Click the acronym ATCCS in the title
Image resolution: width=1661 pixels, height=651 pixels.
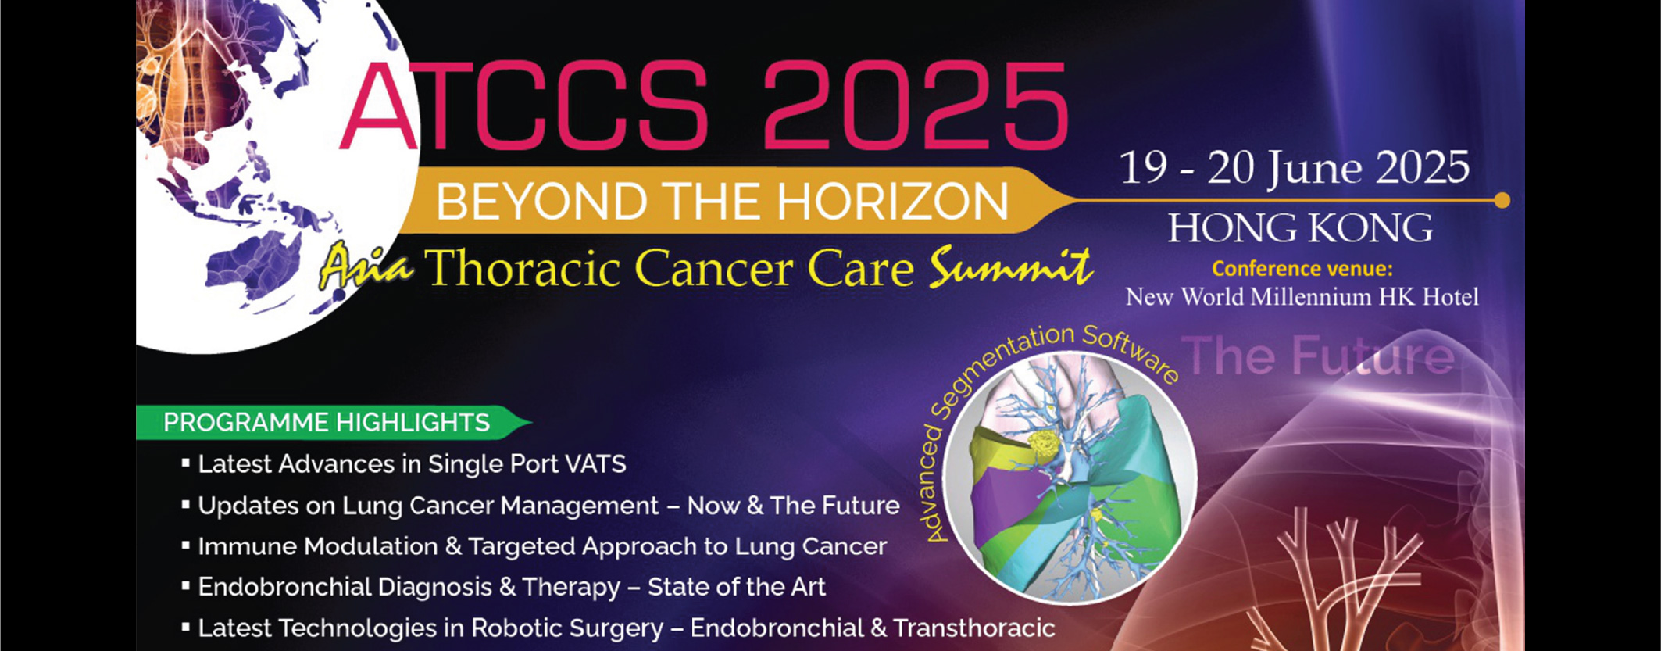[524, 105]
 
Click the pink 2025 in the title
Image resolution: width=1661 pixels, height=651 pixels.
[915, 105]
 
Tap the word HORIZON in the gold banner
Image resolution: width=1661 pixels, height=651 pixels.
[892, 202]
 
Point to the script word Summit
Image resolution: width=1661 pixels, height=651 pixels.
[1010, 267]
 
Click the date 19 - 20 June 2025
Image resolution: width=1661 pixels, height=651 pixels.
[1294, 167]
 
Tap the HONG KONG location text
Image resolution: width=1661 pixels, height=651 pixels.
[1301, 227]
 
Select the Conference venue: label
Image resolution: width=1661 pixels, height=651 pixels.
[1302, 269]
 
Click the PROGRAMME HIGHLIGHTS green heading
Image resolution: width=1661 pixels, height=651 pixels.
[327, 423]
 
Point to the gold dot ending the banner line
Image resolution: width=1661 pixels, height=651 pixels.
[1502, 201]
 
